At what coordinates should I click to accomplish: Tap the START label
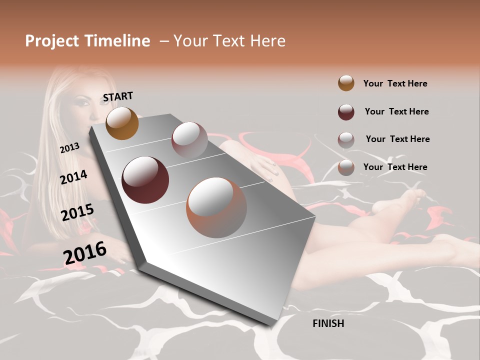[x=118, y=96]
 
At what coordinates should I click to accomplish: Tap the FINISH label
[x=328, y=323]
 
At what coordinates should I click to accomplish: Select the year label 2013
[x=69, y=148]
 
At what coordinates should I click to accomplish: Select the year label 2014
[x=73, y=177]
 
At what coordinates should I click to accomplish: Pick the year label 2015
[x=77, y=212]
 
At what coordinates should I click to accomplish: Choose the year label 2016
[x=84, y=252]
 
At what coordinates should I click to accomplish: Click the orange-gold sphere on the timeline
[x=122, y=123]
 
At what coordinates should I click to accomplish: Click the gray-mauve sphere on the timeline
[x=189, y=139]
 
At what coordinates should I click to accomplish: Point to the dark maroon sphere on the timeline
[x=145, y=180]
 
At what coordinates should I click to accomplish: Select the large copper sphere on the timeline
[x=216, y=207]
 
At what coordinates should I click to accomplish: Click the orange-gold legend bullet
[x=346, y=83]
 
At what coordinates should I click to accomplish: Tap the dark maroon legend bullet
[x=346, y=112]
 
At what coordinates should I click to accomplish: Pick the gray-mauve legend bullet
[x=346, y=140]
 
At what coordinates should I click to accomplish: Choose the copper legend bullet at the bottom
[x=346, y=167]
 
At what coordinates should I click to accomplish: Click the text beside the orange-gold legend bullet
[x=395, y=83]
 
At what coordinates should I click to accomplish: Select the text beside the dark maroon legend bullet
[x=396, y=111]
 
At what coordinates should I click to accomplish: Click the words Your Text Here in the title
[x=229, y=41]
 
